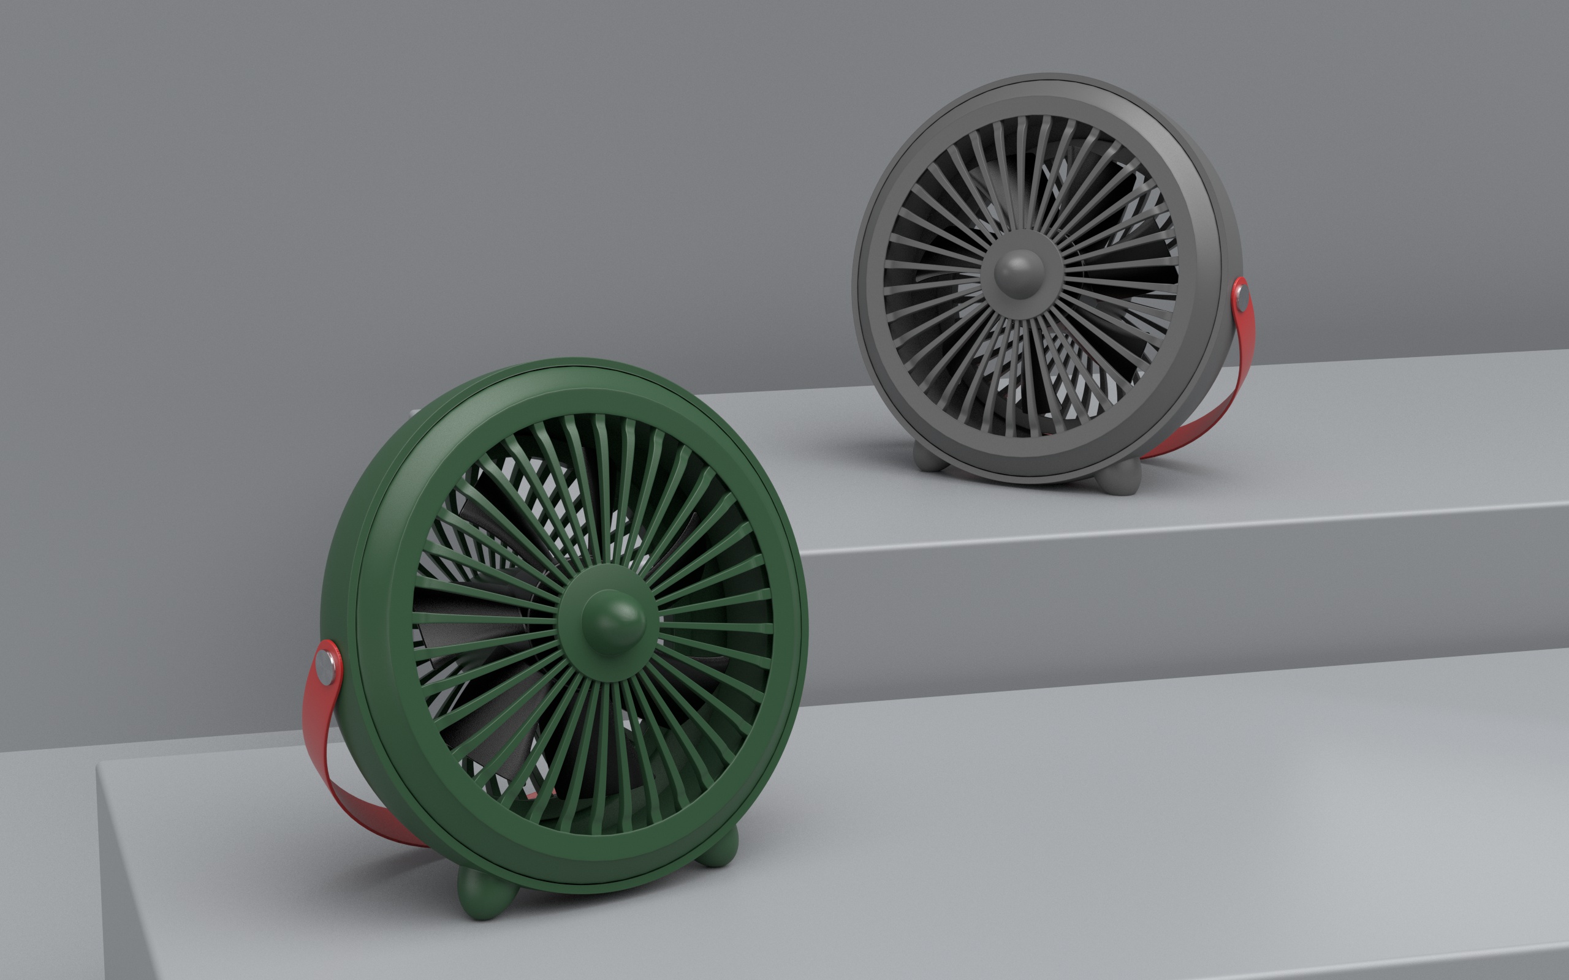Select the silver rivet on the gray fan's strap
(1241, 298)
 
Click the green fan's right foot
(720, 849)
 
